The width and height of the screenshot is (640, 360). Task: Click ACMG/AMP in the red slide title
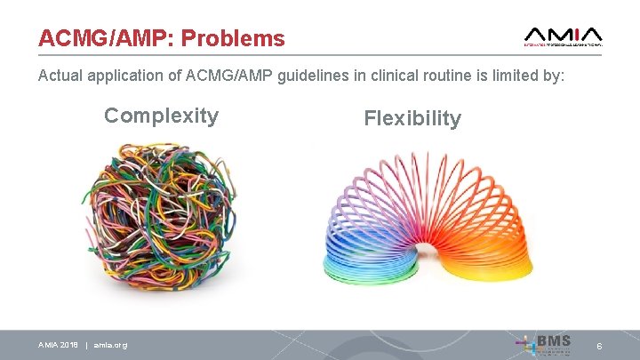coord(108,39)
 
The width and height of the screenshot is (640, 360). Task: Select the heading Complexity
coord(161,116)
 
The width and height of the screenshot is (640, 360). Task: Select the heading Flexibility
coord(412,119)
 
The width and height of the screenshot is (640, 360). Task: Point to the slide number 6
coord(599,346)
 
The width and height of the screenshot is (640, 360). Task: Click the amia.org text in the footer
coord(110,345)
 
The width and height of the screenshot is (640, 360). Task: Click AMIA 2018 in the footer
coord(58,345)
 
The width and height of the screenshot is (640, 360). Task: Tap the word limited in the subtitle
coord(519,77)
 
